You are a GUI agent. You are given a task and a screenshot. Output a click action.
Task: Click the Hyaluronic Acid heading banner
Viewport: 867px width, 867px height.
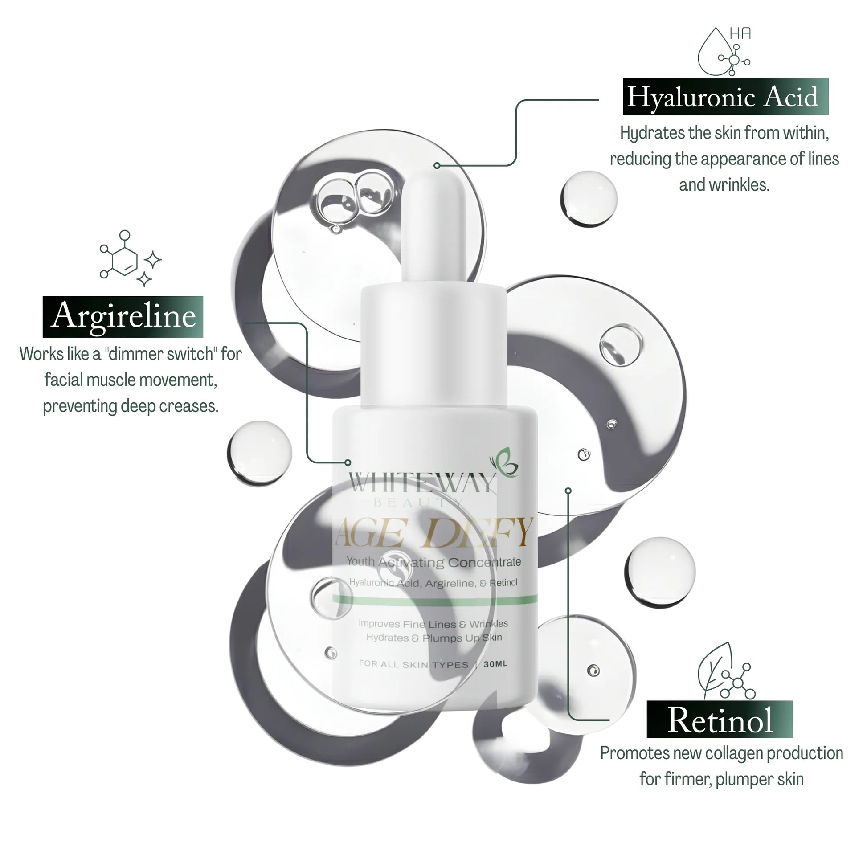pos(725,97)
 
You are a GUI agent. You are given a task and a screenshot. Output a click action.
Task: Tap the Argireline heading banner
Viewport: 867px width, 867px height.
pos(123,316)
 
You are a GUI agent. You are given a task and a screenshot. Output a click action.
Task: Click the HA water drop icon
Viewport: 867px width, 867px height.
pos(724,52)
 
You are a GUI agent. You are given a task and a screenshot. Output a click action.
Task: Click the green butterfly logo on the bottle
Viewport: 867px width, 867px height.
pos(505,462)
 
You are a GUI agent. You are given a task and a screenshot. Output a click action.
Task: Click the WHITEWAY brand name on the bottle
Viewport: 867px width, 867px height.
pos(422,483)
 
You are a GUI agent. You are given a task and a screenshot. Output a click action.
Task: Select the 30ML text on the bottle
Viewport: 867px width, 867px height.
pos(495,664)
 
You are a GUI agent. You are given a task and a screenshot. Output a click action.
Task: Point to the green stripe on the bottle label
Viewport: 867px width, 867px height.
pos(434,600)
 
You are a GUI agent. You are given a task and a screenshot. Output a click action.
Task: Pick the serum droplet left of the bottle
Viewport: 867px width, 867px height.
pos(259,452)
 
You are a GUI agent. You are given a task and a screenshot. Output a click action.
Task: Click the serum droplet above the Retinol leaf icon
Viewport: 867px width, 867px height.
pos(660,571)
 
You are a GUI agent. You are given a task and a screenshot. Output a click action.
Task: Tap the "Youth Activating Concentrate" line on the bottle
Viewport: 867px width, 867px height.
pos(434,562)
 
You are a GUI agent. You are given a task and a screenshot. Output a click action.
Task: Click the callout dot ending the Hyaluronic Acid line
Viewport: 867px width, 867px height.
pos(437,166)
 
